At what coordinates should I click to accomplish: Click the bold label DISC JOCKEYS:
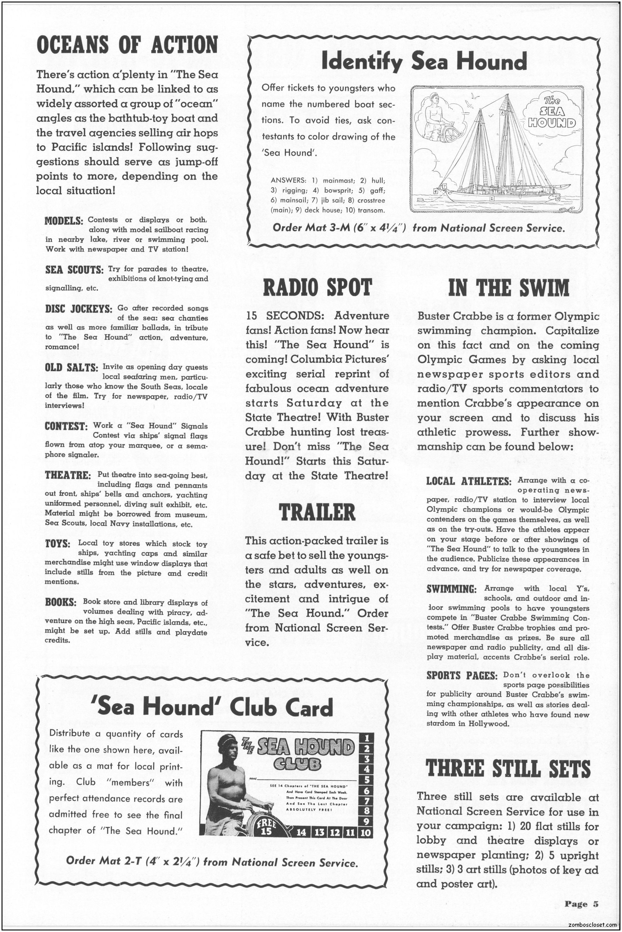coord(79,309)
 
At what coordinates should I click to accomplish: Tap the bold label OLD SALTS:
coord(71,368)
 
